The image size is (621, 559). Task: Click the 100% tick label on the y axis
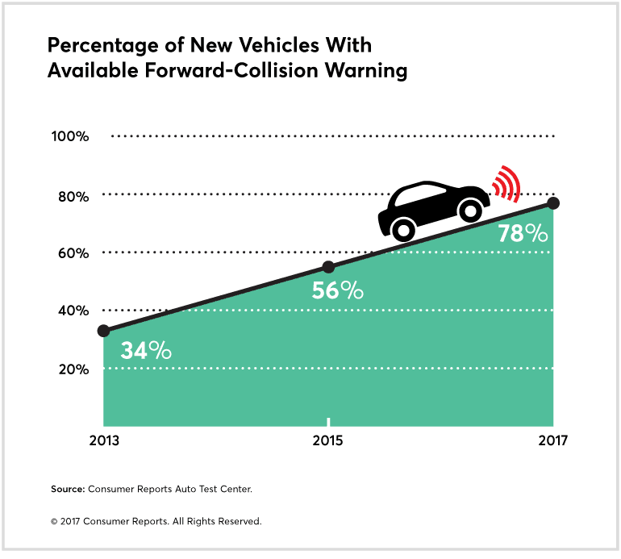coord(69,136)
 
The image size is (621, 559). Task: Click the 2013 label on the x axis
coord(103,441)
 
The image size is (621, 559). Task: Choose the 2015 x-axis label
coord(328,441)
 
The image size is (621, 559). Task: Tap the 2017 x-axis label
coord(553,441)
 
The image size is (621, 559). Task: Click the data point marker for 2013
coord(103,331)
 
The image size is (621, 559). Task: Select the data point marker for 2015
coord(328,267)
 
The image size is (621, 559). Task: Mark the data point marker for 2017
coord(553,202)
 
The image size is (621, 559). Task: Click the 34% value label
coord(146,351)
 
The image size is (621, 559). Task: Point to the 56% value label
coord(338,290)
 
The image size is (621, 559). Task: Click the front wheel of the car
coord(468,211)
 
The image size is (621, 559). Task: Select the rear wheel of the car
coord(404,231)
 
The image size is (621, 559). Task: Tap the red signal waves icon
coord(507,184)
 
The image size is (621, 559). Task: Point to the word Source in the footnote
coord(69,489)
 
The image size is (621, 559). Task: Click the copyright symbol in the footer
coord(54,522)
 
